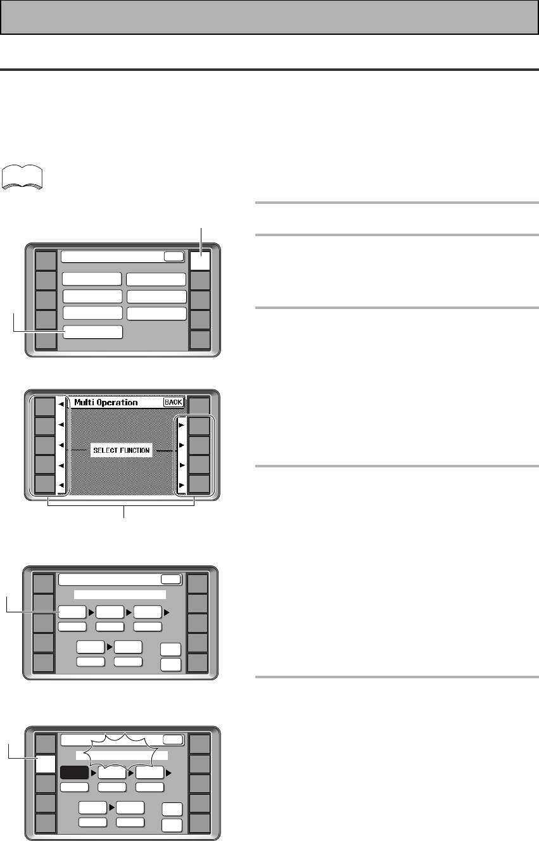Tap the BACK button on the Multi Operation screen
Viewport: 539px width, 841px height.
coord(174,402)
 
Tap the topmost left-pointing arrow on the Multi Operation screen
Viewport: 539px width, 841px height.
coord(60,406)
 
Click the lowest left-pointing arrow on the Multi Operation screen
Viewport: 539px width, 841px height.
coord(60,485)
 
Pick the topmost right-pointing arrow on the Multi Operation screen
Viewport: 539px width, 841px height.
coord(181,426)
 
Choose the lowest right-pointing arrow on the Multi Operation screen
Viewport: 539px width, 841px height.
coord(181,485)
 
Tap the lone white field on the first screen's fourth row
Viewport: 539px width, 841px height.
coord(92,332)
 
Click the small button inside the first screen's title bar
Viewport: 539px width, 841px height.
coord(172,256)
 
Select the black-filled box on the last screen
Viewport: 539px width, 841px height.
coord(73,773)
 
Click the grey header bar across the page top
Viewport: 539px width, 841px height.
coord(269,16)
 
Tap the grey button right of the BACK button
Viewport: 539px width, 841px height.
coord(200,406)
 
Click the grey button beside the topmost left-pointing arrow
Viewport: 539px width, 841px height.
coord(44,406)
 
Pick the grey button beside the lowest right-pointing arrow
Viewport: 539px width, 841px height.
coord(200,484)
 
